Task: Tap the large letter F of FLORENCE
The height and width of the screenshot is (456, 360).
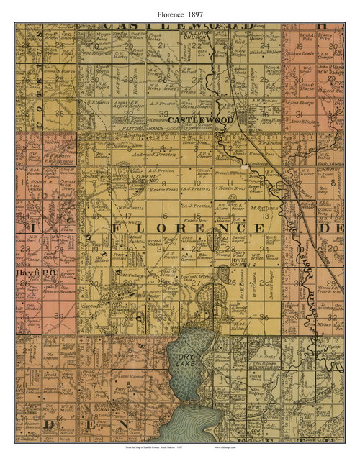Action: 119,227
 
